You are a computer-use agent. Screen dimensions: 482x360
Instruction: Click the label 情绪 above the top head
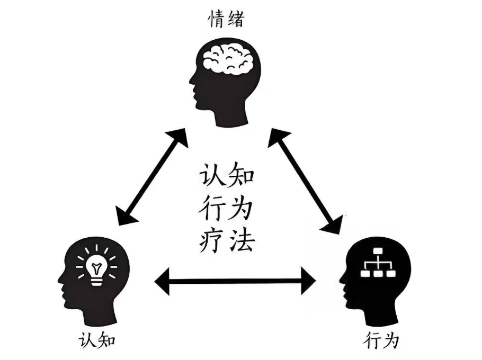click(227, 19)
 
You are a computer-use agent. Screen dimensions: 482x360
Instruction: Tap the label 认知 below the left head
click(97, 340)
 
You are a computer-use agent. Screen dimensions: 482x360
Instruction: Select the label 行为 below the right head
click(382, 340)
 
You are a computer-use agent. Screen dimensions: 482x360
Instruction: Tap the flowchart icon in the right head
click(378, 262)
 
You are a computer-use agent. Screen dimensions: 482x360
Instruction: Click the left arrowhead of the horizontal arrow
click(162, 281)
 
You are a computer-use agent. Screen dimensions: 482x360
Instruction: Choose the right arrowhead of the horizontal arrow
click(308, 281)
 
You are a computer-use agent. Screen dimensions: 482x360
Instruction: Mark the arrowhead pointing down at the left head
click(124, 216)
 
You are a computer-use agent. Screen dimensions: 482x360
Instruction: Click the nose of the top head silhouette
click(191, 82)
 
